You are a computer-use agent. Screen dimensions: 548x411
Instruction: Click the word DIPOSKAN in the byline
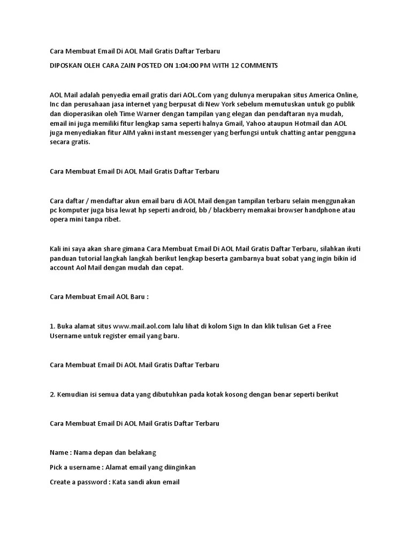[65, 65]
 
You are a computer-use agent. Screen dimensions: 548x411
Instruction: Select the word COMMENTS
[257, 65]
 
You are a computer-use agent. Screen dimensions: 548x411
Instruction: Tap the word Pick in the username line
[56, 467]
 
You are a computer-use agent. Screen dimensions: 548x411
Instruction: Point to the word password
[93, 482]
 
